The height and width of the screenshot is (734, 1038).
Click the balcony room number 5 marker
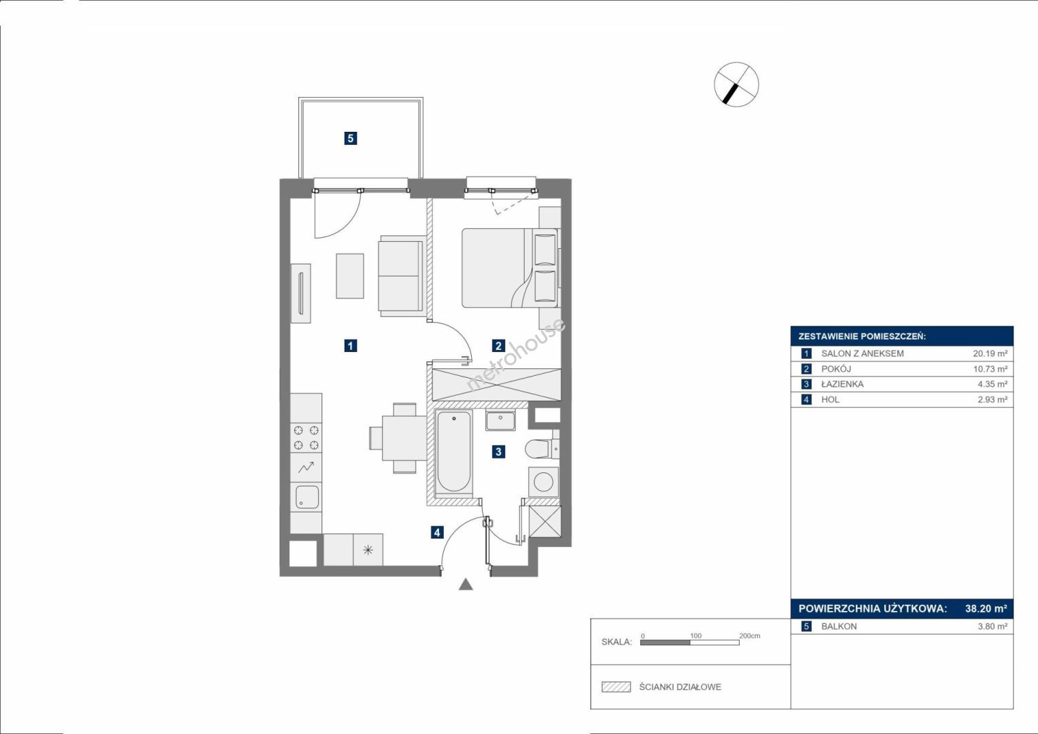coord(350,138)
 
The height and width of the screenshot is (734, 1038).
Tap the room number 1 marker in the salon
coord(350,346)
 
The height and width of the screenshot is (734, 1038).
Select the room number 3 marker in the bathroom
coord(498,452)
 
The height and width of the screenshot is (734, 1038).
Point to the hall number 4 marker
coord(437,532)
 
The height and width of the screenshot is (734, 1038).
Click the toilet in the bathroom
coord(542,449)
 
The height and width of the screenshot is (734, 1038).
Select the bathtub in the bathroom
coord(454,451)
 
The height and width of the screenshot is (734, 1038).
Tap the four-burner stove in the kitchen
coord(307,438)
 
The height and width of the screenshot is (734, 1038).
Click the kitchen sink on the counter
coord(307,497)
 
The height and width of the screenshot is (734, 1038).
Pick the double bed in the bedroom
coord(511,268)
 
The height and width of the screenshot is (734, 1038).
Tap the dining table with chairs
coord(398,438)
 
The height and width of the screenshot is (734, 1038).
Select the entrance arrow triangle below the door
coord(466,584)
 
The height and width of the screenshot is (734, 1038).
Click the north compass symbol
coord(736,84)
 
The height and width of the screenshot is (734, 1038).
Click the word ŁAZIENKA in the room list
coord(842,384)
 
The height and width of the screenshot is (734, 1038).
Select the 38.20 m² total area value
coord(986,608)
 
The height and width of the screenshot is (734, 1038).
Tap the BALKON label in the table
coord(840,627)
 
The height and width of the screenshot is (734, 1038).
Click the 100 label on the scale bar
coord(695,635)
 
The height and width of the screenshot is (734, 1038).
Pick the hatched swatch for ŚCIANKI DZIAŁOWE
coord(617,686)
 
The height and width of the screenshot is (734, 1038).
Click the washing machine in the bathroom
coord(544,482)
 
